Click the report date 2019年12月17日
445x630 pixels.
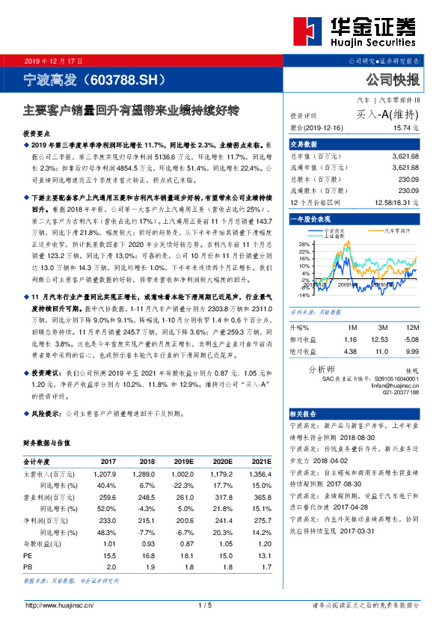55,60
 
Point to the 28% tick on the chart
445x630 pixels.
302,245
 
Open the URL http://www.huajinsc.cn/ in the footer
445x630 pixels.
59,605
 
